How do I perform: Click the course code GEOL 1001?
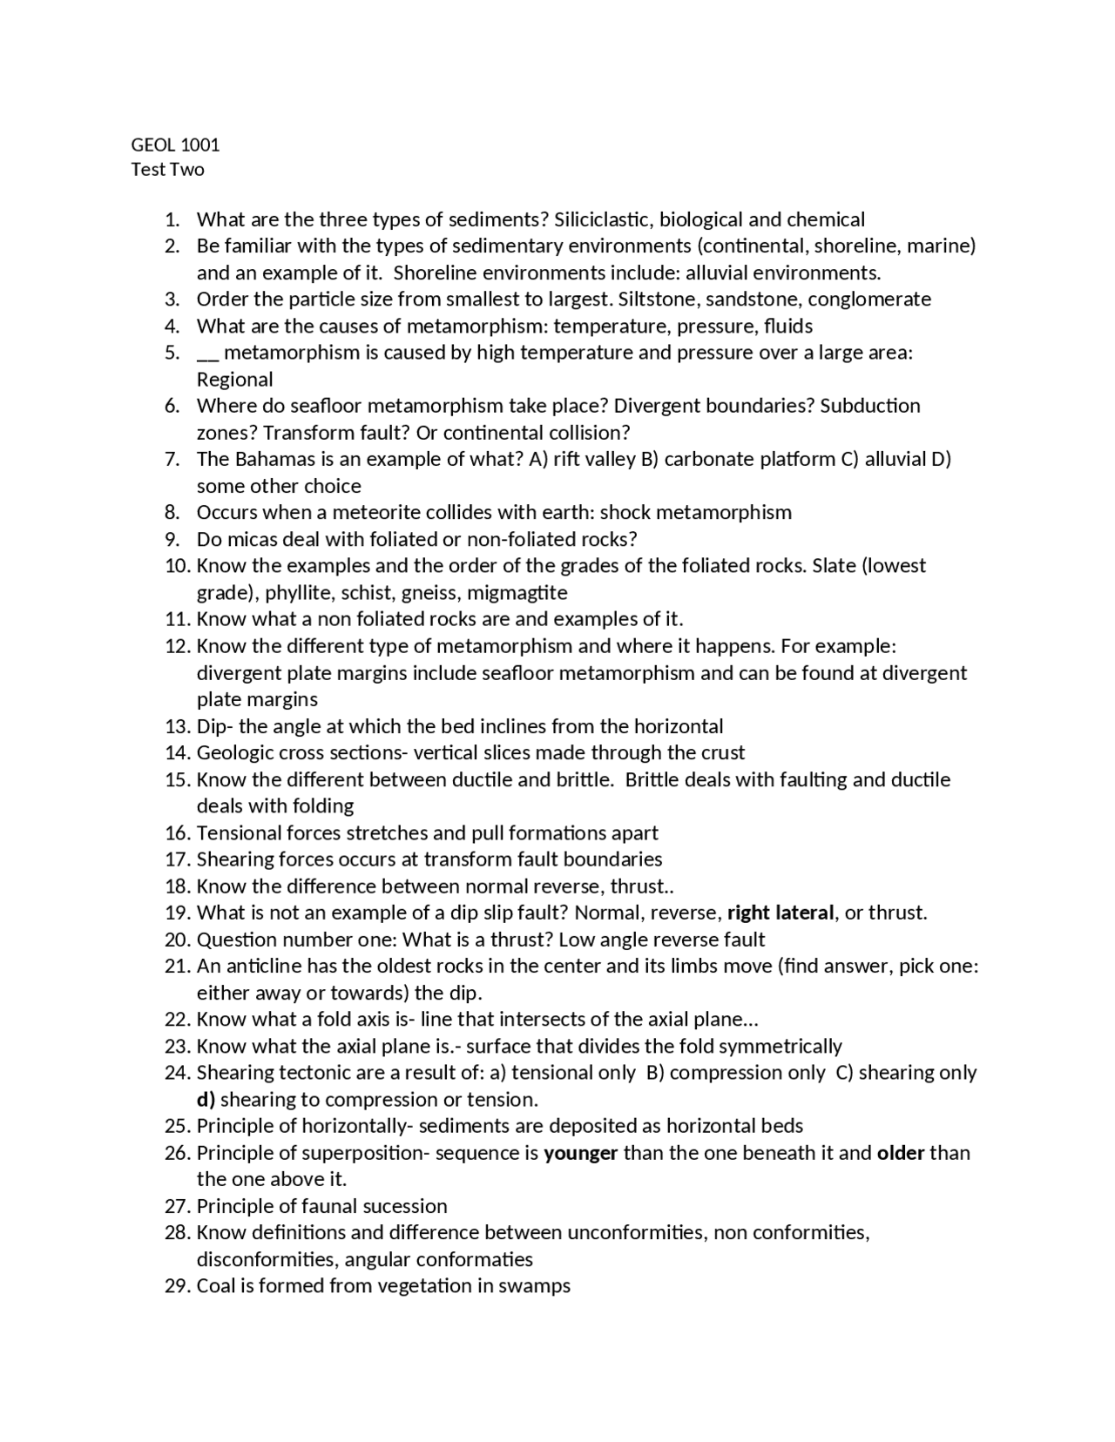point(175,145)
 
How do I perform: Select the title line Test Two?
point(167,170)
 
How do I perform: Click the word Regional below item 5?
point(234,380)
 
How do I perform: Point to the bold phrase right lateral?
point(780,913)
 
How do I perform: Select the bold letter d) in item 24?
point(206,1099)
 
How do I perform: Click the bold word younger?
point(580,1153)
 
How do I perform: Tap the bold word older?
point(900,1153)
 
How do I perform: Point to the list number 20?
point(177,940)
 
